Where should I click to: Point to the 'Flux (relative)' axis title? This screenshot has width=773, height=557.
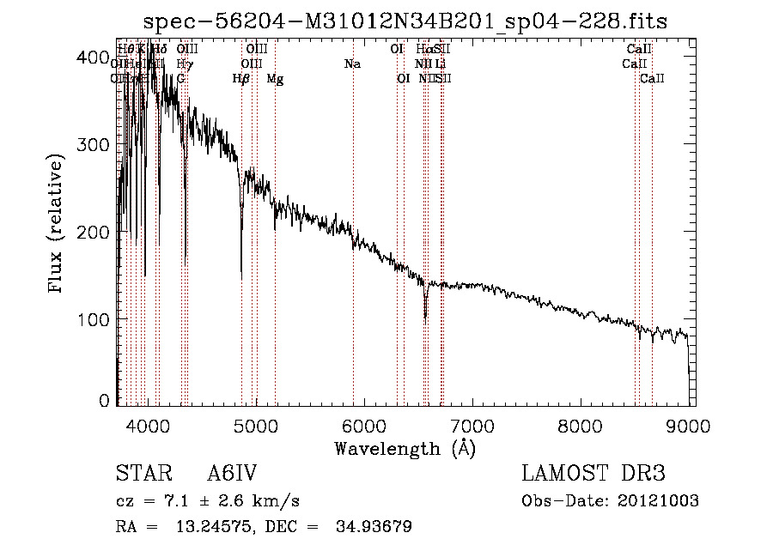tap(58, 225)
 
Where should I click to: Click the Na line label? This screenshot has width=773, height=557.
tap(352, 64)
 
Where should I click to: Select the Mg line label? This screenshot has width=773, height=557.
tap(275, 79)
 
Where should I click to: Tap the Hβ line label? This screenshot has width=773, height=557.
tap(241, 79)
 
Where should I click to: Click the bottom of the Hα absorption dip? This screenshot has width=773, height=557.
tap(425, 316)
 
